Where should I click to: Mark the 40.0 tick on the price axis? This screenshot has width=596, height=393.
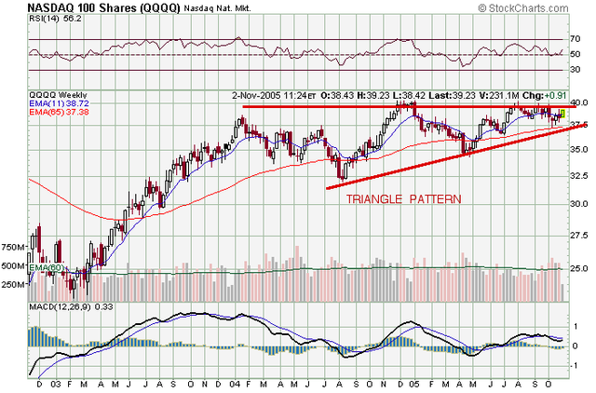[579, 102]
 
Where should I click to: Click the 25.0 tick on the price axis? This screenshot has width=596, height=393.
[579, 267]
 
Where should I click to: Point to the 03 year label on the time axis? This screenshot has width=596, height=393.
[56, 383]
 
